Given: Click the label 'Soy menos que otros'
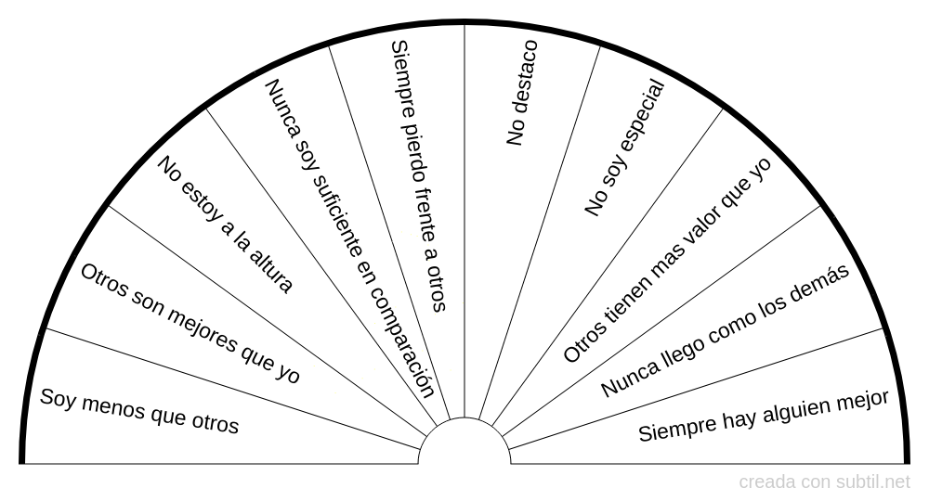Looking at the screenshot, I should (x=139, y=411).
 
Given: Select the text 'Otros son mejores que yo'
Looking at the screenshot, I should (x=190, y=324).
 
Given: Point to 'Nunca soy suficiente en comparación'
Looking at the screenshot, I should (x=350, y=238).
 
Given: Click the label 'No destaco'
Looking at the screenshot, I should (x=522, y=93).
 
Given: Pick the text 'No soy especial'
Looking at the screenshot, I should (x=625, y=148).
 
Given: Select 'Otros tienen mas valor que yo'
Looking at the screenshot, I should (x=668, y=260).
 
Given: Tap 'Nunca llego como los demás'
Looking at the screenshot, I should (x=726, y=330).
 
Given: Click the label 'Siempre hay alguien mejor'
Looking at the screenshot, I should (x=764, y=416).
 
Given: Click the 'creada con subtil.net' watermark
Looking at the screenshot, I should (x=825, y=482).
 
